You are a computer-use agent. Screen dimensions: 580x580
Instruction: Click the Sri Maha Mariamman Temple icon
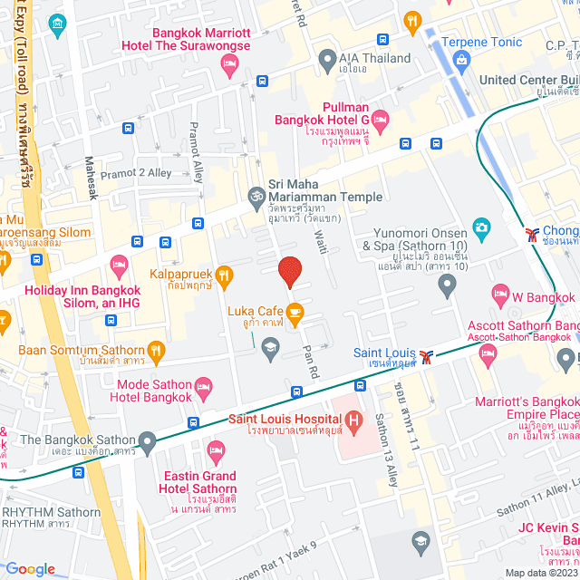coord(256,195)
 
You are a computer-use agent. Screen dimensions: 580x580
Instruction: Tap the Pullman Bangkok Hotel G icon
coord(380,119)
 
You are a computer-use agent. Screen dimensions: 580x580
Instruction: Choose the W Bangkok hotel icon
coord(499,294)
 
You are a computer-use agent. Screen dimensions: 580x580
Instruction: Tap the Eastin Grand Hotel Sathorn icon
coord(215,450)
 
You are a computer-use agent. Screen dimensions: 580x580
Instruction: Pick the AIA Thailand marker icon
coord(328,63)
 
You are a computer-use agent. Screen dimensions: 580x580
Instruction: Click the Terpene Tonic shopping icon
coord(463,61)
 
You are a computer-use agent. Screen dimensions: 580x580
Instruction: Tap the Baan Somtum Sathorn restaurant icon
coord(157,350)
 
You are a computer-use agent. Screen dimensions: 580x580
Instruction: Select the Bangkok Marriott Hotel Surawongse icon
coord(229,63)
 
